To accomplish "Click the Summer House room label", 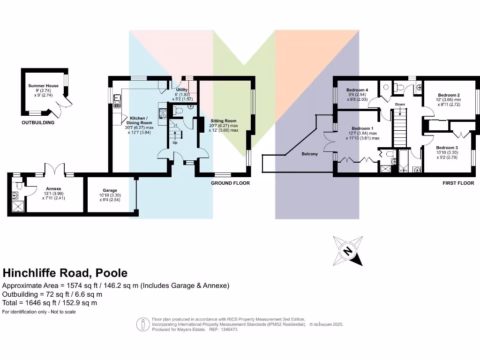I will click(x=43, y=86).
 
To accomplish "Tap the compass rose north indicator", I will click(x=348, y=251).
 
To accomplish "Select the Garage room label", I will click(x=110, y=190).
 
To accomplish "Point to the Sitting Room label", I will click(x=224, y=120).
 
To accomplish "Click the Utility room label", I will click(x=182, y=90).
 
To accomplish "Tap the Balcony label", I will click(x=309, y=154).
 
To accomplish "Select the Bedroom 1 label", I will click(x=363, y=128).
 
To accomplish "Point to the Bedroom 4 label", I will click(x=357, y=90).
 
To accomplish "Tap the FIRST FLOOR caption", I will click(x=458, y=183).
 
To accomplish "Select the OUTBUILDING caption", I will click(x=38, y=123).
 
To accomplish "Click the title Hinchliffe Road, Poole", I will click(x=65, y=273).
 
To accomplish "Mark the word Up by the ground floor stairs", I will click(x=175, y=142).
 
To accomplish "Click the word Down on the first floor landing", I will click(x=399, y=104).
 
